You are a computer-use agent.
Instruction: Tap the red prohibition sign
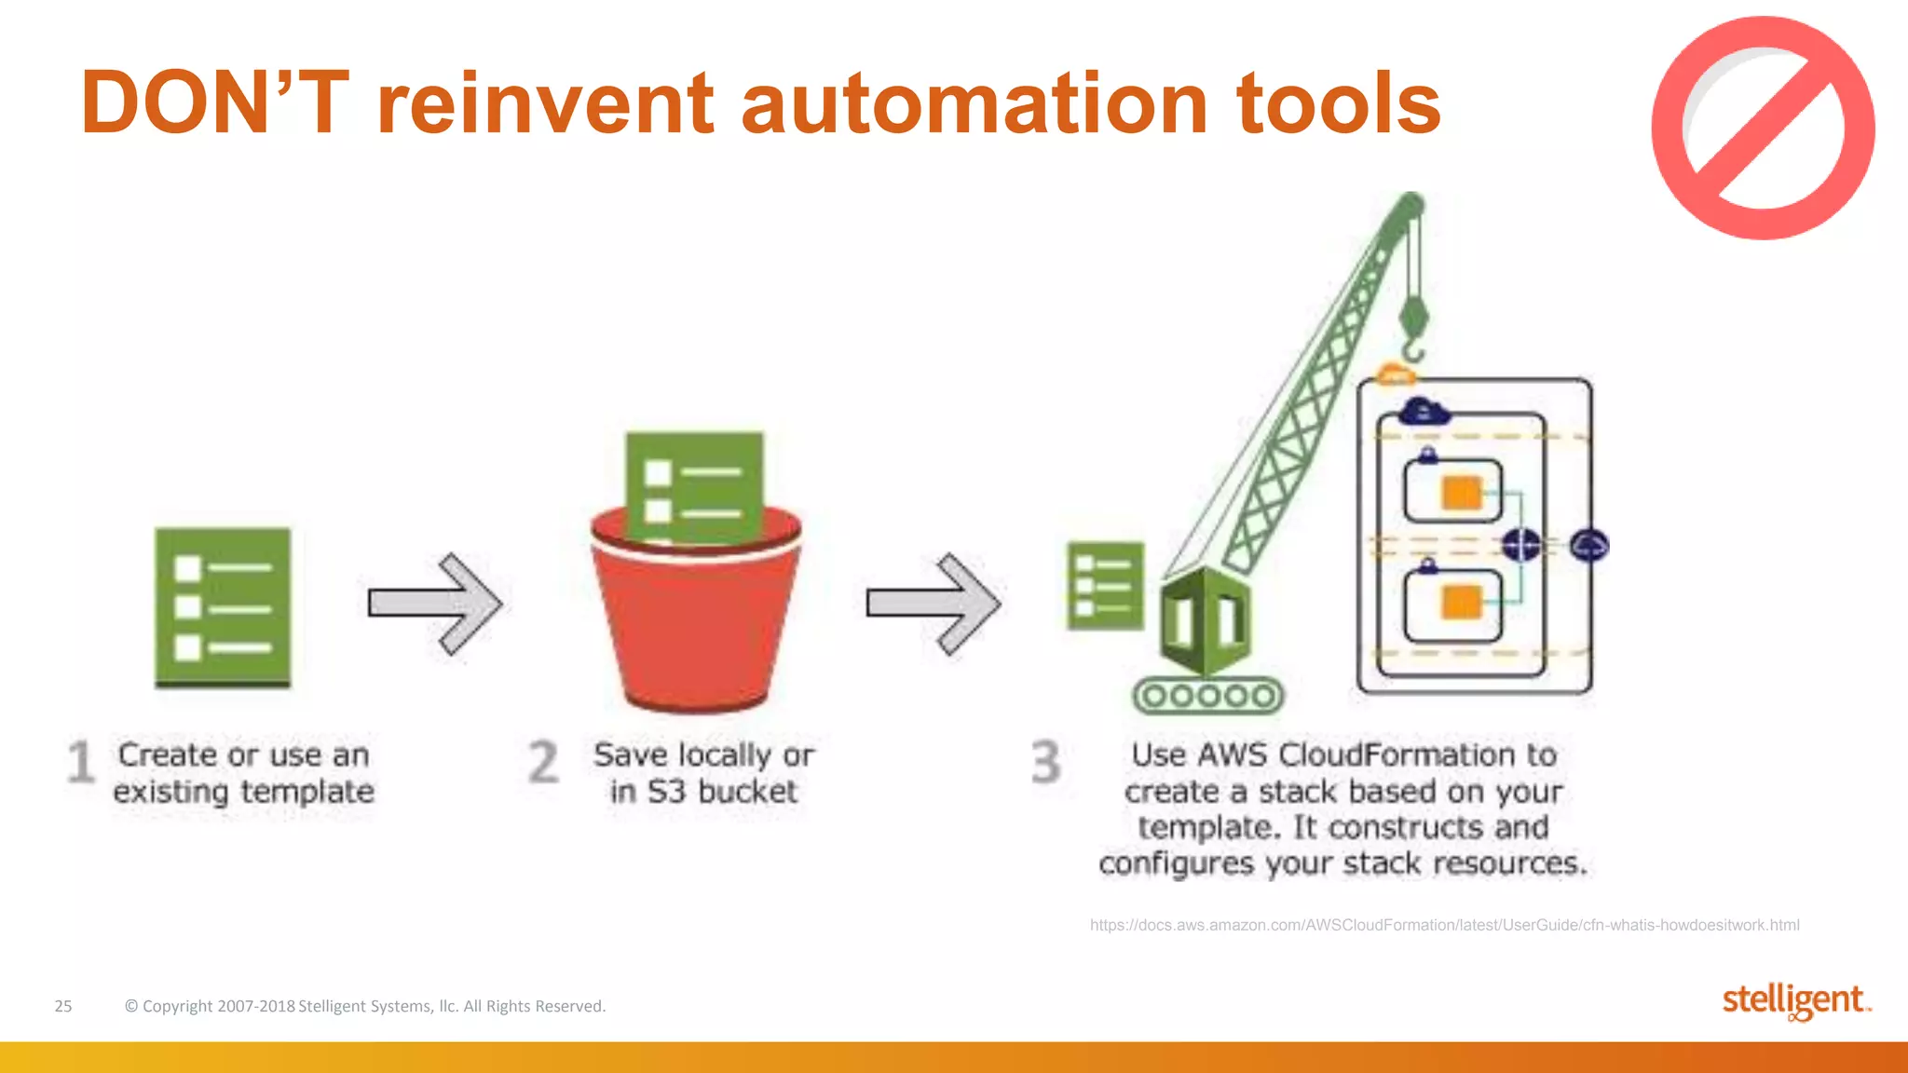click(x=1763, y=129)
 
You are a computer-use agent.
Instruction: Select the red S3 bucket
click(x=697, y=619)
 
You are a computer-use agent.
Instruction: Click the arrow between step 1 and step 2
click(x=435, y=604)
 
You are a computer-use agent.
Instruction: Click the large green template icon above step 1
click(x=223, y=607)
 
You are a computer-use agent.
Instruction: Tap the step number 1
click(x=81, y=762)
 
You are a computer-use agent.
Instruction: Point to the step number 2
click(x=543, y=762)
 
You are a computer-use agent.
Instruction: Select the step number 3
click(x=1045, y=762)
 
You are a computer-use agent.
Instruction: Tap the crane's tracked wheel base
click(x=1207, y=696)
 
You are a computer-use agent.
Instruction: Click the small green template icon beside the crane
click(x=1105, y=585)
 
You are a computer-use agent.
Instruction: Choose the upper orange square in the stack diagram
click(x=1461, y=493)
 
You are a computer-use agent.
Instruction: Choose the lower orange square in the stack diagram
click(x=1461, y=603)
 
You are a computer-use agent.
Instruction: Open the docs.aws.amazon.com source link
click(x=1444, y=925)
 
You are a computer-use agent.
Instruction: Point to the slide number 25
click(x=63, y=1006)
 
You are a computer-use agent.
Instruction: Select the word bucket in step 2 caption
click(x=748, y=792)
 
